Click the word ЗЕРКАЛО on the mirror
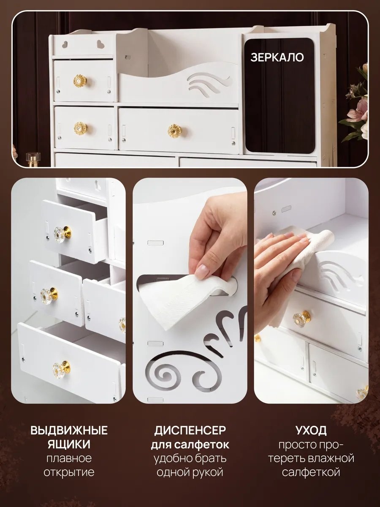click(x=277, y=57)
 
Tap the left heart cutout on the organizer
click(x=65, y=44)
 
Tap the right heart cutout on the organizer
click(x=100, y=44)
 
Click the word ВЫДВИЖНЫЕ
click(x=69, y=431)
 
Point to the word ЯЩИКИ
click(x=69, y=444)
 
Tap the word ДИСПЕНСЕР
click(x=190, y=431)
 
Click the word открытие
click(x=69, y=472)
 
